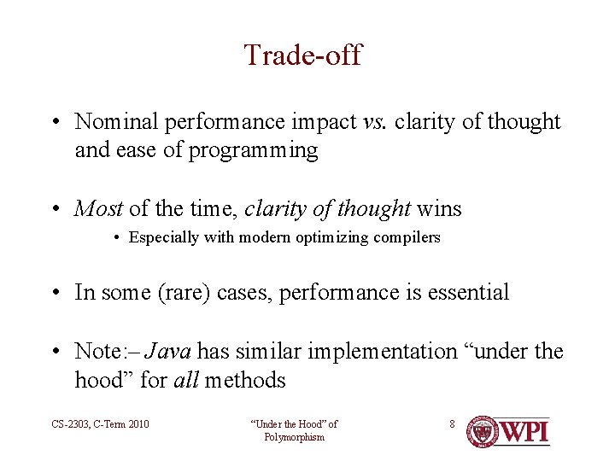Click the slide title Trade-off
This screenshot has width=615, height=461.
coord(303,55)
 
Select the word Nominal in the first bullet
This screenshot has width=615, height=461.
coord(116,121)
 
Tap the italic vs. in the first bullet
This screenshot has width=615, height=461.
coord(375,122)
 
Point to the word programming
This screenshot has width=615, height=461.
coord(254,150)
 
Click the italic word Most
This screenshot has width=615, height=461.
coord(98,208)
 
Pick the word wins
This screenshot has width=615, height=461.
coord(439,208)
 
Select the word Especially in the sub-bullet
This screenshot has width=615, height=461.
coord(164,237)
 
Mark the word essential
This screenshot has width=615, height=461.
coord(468,292)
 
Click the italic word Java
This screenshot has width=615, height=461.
coord(168,351)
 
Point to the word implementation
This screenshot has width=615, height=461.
coord(383,352)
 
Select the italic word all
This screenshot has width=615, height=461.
coord(186,379)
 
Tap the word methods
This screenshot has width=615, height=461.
coord(245,379)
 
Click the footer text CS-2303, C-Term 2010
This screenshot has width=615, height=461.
coord(100,424)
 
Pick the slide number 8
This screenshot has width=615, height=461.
coord(452,423)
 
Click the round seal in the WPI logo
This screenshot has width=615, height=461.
coord(482,431)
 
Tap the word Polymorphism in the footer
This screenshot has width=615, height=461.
coord(294,437)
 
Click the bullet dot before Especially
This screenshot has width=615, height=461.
coord(116,238)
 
